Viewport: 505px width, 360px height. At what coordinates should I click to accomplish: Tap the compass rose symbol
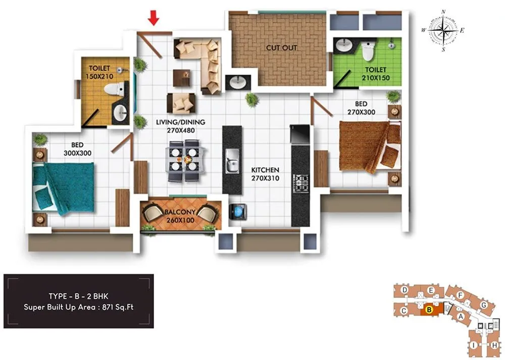(x=443, y=31)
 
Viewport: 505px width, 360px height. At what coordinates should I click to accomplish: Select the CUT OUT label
(x=282, y=48)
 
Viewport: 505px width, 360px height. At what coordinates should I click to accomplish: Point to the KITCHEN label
(x=265, y=170)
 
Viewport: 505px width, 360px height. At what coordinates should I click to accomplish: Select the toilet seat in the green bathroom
(x=368, y=50)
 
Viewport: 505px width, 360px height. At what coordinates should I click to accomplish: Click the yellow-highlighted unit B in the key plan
(x=429, y=311)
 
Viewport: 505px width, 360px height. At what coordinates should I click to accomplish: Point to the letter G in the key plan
(x=483, y=305)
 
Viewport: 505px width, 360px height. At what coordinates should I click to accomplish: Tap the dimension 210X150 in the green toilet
(x=374, y=78)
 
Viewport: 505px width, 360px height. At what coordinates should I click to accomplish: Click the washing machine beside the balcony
(x=237, y=211)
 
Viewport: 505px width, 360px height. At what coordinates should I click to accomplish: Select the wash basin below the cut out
(x=236, y=82)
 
